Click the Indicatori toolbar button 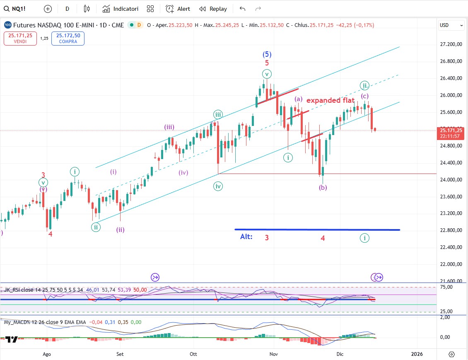[121, 9]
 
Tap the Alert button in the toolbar [178, 9]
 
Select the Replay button [213, 9]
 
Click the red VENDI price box [20, 39]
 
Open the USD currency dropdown [451, 25]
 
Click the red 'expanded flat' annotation [330, 100]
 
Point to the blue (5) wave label [267, 54]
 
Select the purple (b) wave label [323, 187]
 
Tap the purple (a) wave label [299, 99]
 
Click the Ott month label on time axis [193, 354]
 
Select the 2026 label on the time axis [417, 354]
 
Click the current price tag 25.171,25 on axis [451, 130]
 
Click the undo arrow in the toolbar [243, 9]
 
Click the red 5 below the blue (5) [267, 63]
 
